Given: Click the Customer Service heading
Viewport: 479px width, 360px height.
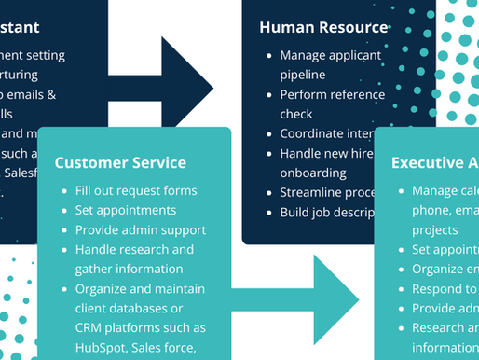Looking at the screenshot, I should click(120, 162).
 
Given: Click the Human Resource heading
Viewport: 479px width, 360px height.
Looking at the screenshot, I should click(323, 27).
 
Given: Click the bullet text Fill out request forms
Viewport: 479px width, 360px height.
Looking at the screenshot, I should click(135, 190).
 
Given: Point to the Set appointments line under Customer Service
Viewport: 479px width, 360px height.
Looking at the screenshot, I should click(126, 210).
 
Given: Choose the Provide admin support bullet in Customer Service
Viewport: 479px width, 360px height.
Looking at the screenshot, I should click(141, 229).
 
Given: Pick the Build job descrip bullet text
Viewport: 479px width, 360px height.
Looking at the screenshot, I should click(334, 212).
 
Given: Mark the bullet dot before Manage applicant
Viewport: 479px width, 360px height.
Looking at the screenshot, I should click(268, 55).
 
